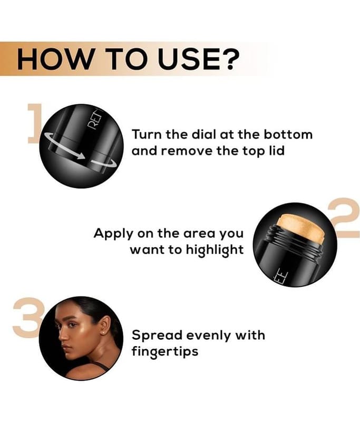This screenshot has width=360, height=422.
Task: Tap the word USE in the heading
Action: coord(188,59)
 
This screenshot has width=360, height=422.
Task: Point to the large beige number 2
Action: coord(345,218)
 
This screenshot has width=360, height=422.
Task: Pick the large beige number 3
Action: coord(26,318)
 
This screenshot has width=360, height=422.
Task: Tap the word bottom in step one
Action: coord(288,134)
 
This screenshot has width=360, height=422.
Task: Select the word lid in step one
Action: coord(277,150)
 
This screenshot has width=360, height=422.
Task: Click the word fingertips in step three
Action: coord(165,352)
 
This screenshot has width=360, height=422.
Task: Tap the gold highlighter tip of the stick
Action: coord(301,229)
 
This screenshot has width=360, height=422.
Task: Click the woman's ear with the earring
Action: coord(106,325)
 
